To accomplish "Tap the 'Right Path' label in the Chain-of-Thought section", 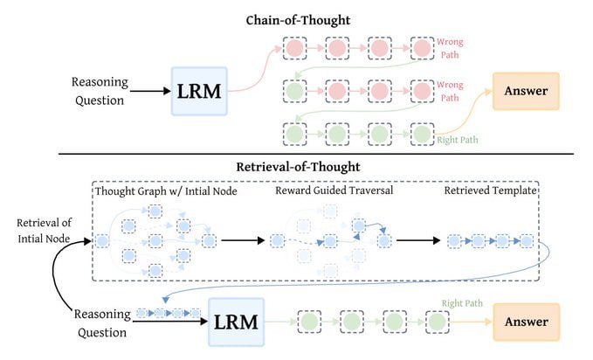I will [461, 138].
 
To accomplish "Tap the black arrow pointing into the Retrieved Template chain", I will [418, 239].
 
